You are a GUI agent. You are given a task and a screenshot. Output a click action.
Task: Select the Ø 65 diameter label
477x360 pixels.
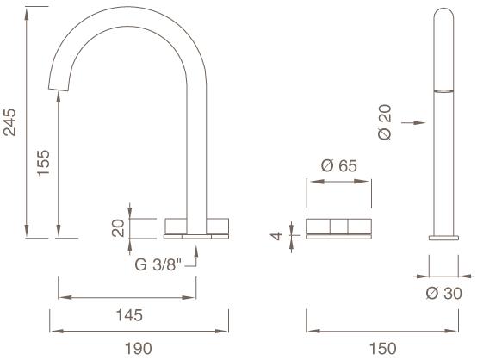coord(338,165)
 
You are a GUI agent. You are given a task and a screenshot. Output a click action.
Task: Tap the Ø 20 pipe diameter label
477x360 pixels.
coord(384,122)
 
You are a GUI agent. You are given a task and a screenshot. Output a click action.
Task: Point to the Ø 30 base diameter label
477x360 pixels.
coord(444,294)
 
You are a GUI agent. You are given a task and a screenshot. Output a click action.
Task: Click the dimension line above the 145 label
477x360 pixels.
coord(129,299)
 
